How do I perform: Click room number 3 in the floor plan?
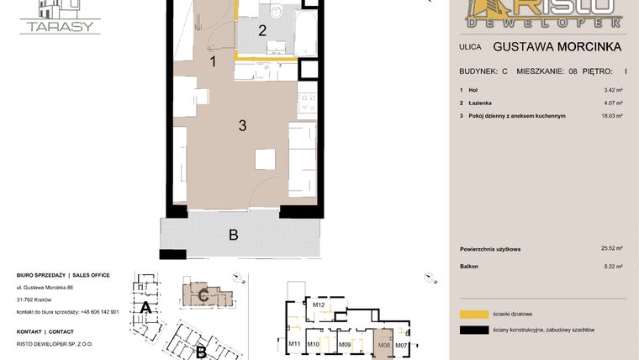click(242, 126)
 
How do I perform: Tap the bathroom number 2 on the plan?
click(262, 31)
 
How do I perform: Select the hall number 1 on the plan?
click(214, 61)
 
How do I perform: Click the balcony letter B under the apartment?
click(234, 235)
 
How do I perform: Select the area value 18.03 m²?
click(612, 116)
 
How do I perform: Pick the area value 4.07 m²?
click(613, 103)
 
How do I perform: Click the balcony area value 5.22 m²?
click(613, 267)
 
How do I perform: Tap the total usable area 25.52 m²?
click(611, 249)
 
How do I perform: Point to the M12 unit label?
click(319, 304)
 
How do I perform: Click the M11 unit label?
click(294, 345)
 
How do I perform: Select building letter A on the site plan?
click(145, 308)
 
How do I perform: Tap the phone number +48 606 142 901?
click(98, 311)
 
